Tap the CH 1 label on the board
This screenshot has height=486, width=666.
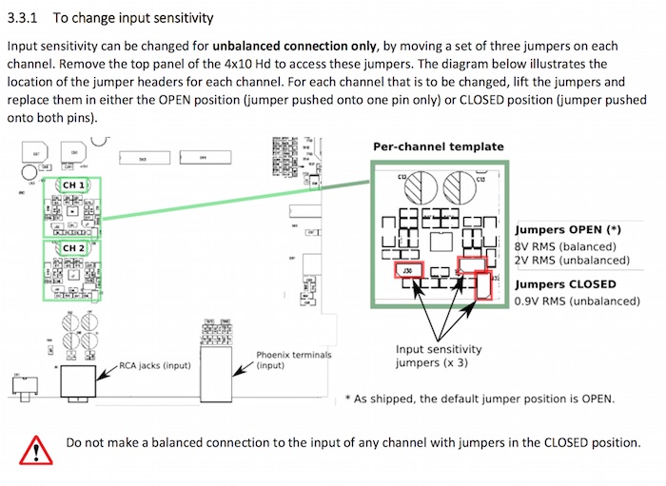click(74, 185)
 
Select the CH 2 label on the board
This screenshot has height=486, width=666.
click(74, 248)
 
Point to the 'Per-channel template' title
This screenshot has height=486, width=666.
click(437, 146)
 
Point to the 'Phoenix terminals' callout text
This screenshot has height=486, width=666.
click(294, 355)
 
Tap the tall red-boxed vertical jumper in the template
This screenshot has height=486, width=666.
click(483, 285)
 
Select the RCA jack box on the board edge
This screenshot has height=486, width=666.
click(79, 382)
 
